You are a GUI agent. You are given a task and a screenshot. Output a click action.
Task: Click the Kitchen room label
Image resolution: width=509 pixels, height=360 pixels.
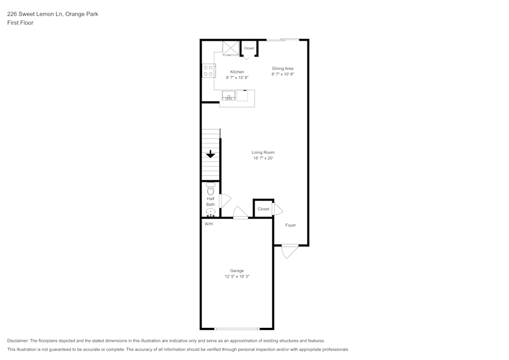click(x=237, y=72)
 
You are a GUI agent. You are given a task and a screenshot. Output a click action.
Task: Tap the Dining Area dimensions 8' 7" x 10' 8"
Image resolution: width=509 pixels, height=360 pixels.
click(x=282, y=74)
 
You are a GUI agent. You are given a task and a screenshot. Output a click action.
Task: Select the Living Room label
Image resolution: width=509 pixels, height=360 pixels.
click(x=263, y=152)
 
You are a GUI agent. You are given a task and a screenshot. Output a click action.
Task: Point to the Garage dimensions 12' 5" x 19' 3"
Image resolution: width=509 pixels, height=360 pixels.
click(x=237, y=276)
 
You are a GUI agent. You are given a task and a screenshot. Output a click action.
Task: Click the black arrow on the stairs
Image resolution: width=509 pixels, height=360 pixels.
click(x=210, y=154)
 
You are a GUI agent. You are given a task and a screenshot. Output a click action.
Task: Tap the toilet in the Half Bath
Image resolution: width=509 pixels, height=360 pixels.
click(x=211, y=188)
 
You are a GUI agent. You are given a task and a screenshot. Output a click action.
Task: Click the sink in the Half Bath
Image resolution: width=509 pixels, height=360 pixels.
click(x=210, y=212)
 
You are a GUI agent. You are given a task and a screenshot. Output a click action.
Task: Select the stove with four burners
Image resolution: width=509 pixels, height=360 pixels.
click(x=208, y=71)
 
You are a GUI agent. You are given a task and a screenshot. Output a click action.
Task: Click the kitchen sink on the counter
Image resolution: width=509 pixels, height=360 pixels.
click(x=229, y=96)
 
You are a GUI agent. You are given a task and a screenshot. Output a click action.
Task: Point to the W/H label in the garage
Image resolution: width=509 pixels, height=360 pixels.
click(x=209, y=224)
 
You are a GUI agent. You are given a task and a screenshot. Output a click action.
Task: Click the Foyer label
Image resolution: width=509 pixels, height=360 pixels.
click(x=290, y=225)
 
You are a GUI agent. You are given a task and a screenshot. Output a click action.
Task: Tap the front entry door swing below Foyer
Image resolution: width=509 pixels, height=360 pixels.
click(x=289, y=251)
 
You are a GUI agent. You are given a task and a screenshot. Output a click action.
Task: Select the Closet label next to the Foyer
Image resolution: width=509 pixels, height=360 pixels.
click(x=263, y=209)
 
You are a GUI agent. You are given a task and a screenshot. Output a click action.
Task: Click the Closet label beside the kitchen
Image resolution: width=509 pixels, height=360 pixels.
click(x=249, y=48)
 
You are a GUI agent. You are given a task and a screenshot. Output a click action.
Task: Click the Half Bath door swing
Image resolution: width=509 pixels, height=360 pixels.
click(x=224, y=201)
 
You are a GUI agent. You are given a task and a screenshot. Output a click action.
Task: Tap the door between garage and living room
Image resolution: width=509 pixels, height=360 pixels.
click(x=240, y=213)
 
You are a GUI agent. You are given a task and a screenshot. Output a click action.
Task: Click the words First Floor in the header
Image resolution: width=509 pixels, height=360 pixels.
click(x=20, y=23)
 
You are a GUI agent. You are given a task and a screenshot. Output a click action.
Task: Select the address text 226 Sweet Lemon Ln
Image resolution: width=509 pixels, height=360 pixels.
click(x=35, y=14)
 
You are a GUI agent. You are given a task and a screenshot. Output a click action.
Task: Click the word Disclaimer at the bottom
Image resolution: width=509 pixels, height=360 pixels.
click(x=18, y=341)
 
